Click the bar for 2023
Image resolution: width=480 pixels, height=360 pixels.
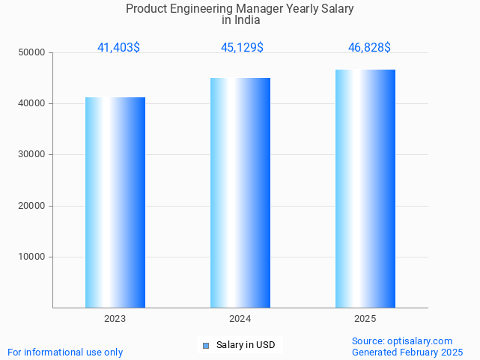(115, 202)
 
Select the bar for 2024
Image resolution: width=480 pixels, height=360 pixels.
(240, 192)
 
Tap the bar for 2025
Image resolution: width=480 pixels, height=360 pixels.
(365, 189)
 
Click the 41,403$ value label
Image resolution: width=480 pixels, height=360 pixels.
(118, 48)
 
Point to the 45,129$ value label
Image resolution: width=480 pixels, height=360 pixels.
(242, 48)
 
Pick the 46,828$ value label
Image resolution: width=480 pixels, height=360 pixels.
(369, 48)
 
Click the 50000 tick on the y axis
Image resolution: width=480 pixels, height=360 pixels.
(32, 52)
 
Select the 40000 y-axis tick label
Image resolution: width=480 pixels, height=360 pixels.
(32, 103)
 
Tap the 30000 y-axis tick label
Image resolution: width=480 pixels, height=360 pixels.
(32, 154)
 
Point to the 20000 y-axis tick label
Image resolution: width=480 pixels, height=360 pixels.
(32, 206)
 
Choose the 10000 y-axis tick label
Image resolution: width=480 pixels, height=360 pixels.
(32, 257)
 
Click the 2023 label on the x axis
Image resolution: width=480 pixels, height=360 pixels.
(115, 319)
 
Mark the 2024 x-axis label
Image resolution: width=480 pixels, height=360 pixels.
(240, 319)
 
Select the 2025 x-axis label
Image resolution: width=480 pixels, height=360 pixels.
(365, 319)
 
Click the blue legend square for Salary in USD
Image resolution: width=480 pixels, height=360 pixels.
(205, 345)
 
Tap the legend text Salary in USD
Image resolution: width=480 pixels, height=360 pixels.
(246, 345)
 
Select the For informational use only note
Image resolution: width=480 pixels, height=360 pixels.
(65, 352)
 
